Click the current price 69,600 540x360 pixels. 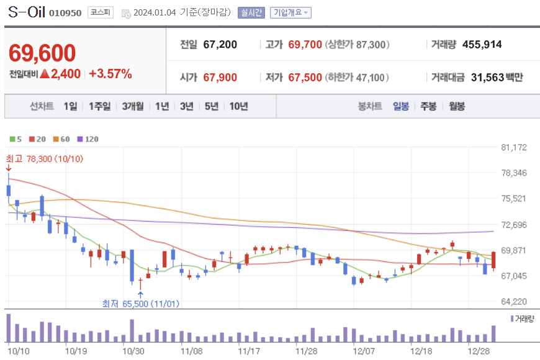(42, 54)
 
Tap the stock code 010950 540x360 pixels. (65, 13)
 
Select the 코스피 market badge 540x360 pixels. (100, 12)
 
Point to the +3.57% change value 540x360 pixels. (110, 74)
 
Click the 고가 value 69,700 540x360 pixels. (305, 45)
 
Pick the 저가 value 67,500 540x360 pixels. (305, 78)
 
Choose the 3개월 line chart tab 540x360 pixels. (133, 106)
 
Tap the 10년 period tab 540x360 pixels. (238, 106)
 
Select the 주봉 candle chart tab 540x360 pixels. (428, 106)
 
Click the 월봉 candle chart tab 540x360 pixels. (457, 106)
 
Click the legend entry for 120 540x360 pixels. (88, 139)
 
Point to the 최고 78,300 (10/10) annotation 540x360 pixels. (45, 159)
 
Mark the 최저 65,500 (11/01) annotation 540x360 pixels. (142, 304)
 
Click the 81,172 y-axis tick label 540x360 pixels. (513, 147)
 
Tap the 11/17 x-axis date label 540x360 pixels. (248, 350)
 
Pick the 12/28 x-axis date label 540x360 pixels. (479, 350)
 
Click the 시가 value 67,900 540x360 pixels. (220, 78)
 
